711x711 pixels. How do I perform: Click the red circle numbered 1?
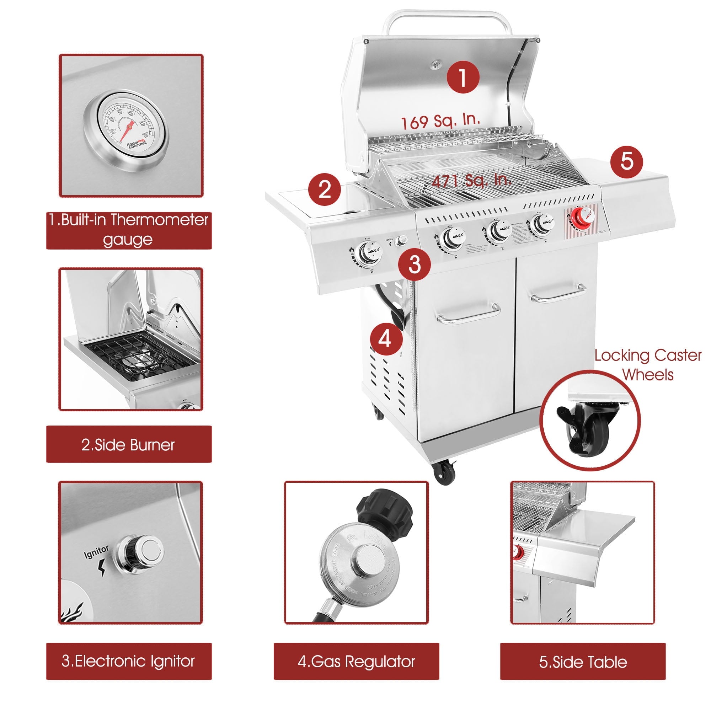(463, 77)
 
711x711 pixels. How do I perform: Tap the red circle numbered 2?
(325, 189)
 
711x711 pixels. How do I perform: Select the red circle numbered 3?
(415, 264)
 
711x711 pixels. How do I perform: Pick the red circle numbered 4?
(385, 338)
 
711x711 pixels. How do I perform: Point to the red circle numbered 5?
(626, 161)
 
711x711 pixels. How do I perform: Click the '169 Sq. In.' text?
(440, 122)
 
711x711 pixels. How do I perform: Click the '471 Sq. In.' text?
(471, 180)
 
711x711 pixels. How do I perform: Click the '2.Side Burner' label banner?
(129, 445)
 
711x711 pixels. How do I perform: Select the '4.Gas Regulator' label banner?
(356, 661)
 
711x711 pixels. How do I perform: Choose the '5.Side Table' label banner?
(583, 661)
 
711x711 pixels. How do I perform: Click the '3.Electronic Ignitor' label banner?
(129, 661)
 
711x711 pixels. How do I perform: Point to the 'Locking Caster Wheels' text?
(648, 365)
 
